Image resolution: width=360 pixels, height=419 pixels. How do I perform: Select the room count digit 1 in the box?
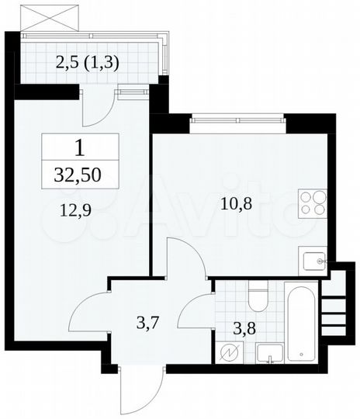pyautogui.click(x=80, y=147)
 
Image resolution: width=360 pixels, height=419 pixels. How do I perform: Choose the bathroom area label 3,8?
pyautogui.click(x=247, y=326)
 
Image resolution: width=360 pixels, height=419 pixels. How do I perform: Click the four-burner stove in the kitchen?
pyautogui.click(x=313, y=204)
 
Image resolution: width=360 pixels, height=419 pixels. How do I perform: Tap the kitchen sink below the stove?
pyautogui.click(x=313, y=261)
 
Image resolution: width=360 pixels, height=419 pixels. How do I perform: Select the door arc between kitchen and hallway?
pyautogui.click(x=185, y=260)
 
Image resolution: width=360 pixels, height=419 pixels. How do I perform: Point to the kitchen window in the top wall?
pyautogui.click(x=237, y=119)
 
